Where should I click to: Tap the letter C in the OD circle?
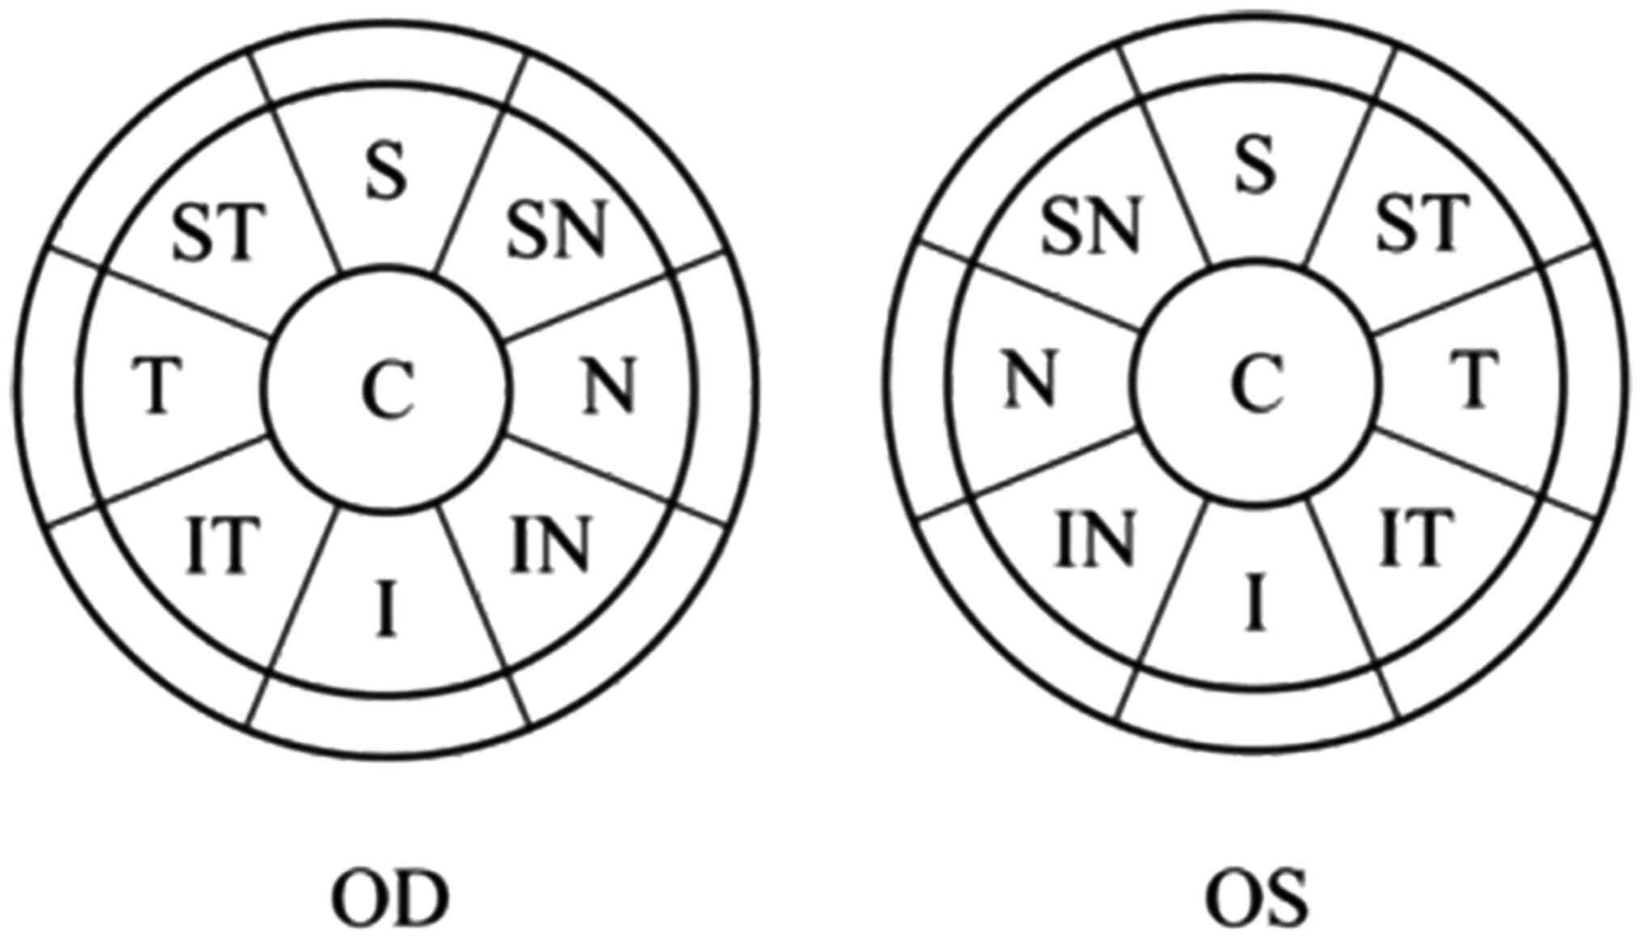pos(387,389)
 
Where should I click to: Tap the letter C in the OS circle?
pos(1256,384)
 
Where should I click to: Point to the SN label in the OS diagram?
pos(1090,224)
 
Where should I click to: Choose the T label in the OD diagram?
pos(158,386)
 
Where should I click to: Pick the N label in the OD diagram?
pos(609,386)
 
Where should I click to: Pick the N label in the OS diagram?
pos(1031,379)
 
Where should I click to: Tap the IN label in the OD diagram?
pos(550,543)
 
